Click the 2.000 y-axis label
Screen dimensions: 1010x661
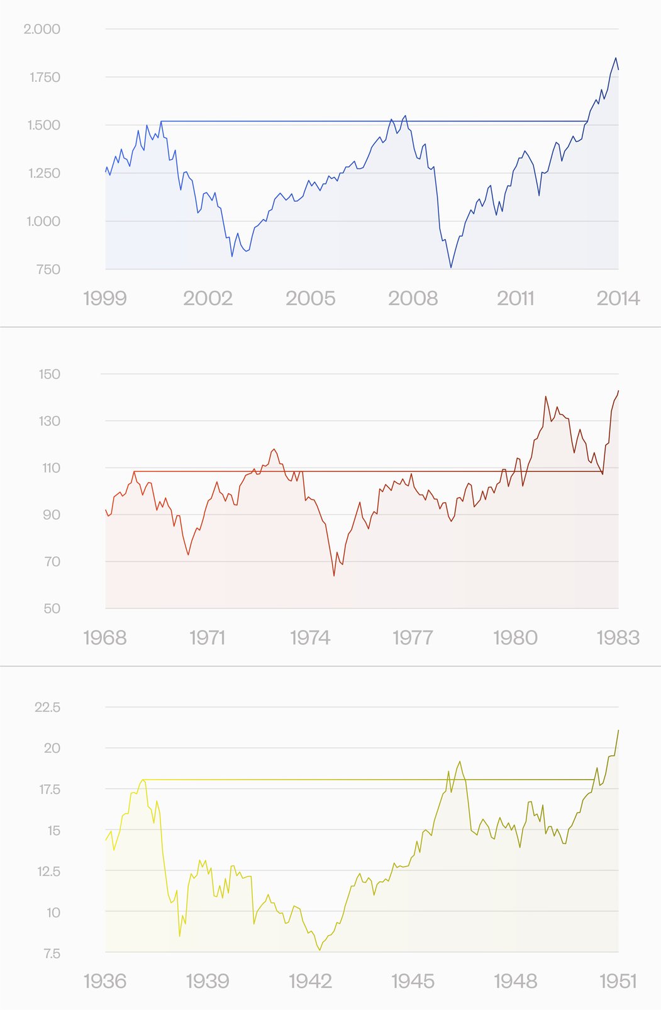[42, 29]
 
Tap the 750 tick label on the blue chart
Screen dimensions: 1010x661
[48, 269]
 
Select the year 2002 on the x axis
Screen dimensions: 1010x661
[208, 298]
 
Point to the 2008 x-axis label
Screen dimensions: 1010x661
[413, 298]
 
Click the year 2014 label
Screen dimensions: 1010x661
[618, 298]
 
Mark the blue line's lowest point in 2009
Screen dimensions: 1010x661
[451, 267]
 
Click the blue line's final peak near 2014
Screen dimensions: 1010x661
[616, 58]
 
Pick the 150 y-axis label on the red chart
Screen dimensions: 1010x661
[49, 374]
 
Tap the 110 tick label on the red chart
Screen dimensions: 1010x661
[49, 468]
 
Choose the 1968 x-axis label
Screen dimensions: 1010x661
[104, 638]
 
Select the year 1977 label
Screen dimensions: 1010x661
[413, 638]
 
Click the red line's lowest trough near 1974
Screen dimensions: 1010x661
[334, 575]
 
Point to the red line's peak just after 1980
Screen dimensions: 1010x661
[545, 396]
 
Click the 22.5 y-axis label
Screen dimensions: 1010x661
[47, 707]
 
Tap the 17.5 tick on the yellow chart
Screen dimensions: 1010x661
[49, 789]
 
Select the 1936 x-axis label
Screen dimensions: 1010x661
[104, 981]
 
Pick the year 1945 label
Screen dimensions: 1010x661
[413, 981]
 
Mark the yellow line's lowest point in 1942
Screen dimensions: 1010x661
[319, 950]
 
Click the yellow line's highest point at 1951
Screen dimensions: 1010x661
[618, 730]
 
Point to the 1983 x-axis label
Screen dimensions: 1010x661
[618, 638]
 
